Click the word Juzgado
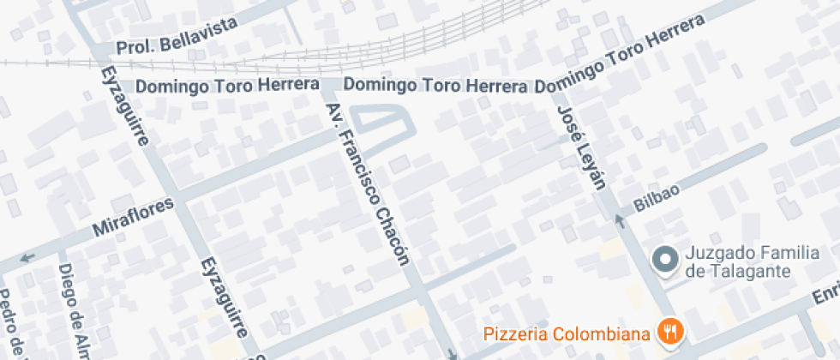tap(717, 255)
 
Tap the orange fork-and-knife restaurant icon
tap(669, 330)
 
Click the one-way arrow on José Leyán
tap(619, 222)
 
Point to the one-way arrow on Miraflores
tap(27, 256)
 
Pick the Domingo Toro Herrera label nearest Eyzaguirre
tap(198, 87)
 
